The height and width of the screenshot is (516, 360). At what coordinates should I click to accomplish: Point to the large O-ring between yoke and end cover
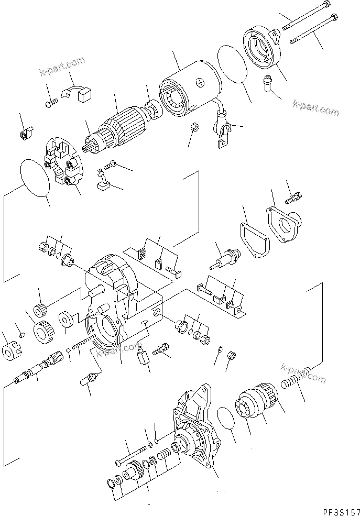(231, 64)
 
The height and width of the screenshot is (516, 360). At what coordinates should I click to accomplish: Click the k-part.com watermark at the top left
(62, 69)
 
